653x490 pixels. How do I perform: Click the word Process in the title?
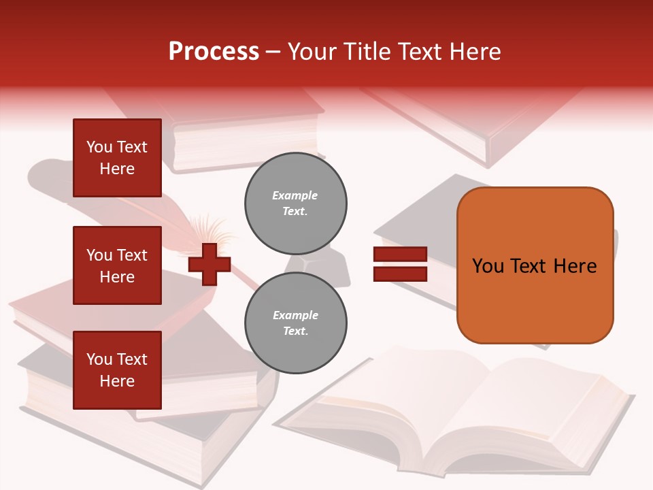(214, 52)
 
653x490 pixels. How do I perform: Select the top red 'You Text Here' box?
(117, 158)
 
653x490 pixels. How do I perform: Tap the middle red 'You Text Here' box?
(117, 265)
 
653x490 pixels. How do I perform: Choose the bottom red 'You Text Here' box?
(117, 370)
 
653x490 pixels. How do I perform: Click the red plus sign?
(210, 264)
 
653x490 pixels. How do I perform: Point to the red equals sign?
(400, 264)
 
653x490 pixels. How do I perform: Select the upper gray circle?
(296, 203)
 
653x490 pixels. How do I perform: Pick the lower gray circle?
(296, 323)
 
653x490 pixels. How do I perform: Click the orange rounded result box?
(535, 265)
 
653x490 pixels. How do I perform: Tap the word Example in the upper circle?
(295, 195)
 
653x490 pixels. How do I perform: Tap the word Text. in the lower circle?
(295, 331)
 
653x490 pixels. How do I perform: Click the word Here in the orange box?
(575, 266)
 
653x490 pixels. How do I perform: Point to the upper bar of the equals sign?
(400, 255)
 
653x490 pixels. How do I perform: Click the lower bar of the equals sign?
(400, 274)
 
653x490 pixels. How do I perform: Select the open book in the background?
(463, 415)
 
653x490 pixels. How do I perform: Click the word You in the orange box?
(488, 266)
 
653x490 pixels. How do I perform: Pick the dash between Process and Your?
(273, 52)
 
